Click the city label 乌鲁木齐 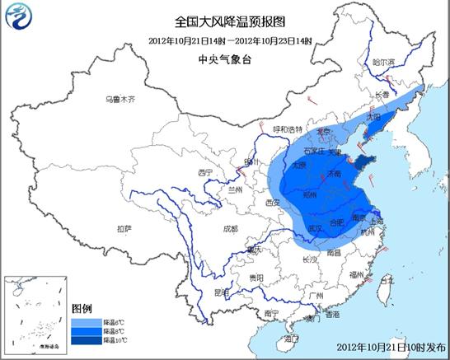(x=119, y=100)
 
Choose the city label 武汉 (x=313, y=228)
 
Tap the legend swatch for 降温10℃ (x=82, y=339)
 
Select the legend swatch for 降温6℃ (x=82, y=320)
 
